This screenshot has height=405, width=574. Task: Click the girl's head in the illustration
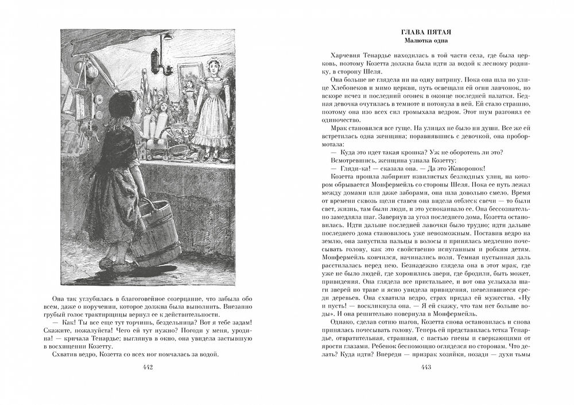point(122,106)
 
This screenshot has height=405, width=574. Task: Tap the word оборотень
point(458,151)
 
